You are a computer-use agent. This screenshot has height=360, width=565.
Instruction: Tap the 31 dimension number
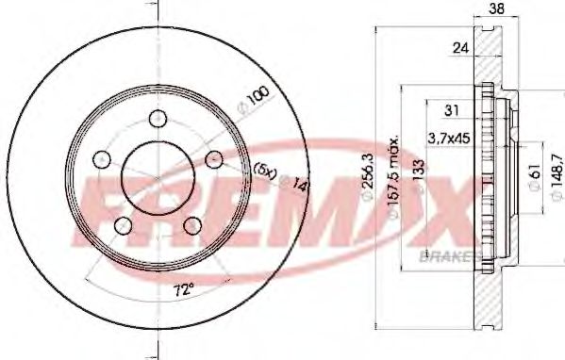451,110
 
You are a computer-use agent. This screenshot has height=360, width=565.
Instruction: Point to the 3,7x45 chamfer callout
447,139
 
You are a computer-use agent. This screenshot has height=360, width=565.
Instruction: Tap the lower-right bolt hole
191,224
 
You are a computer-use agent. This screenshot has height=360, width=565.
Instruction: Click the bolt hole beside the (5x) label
212,157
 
